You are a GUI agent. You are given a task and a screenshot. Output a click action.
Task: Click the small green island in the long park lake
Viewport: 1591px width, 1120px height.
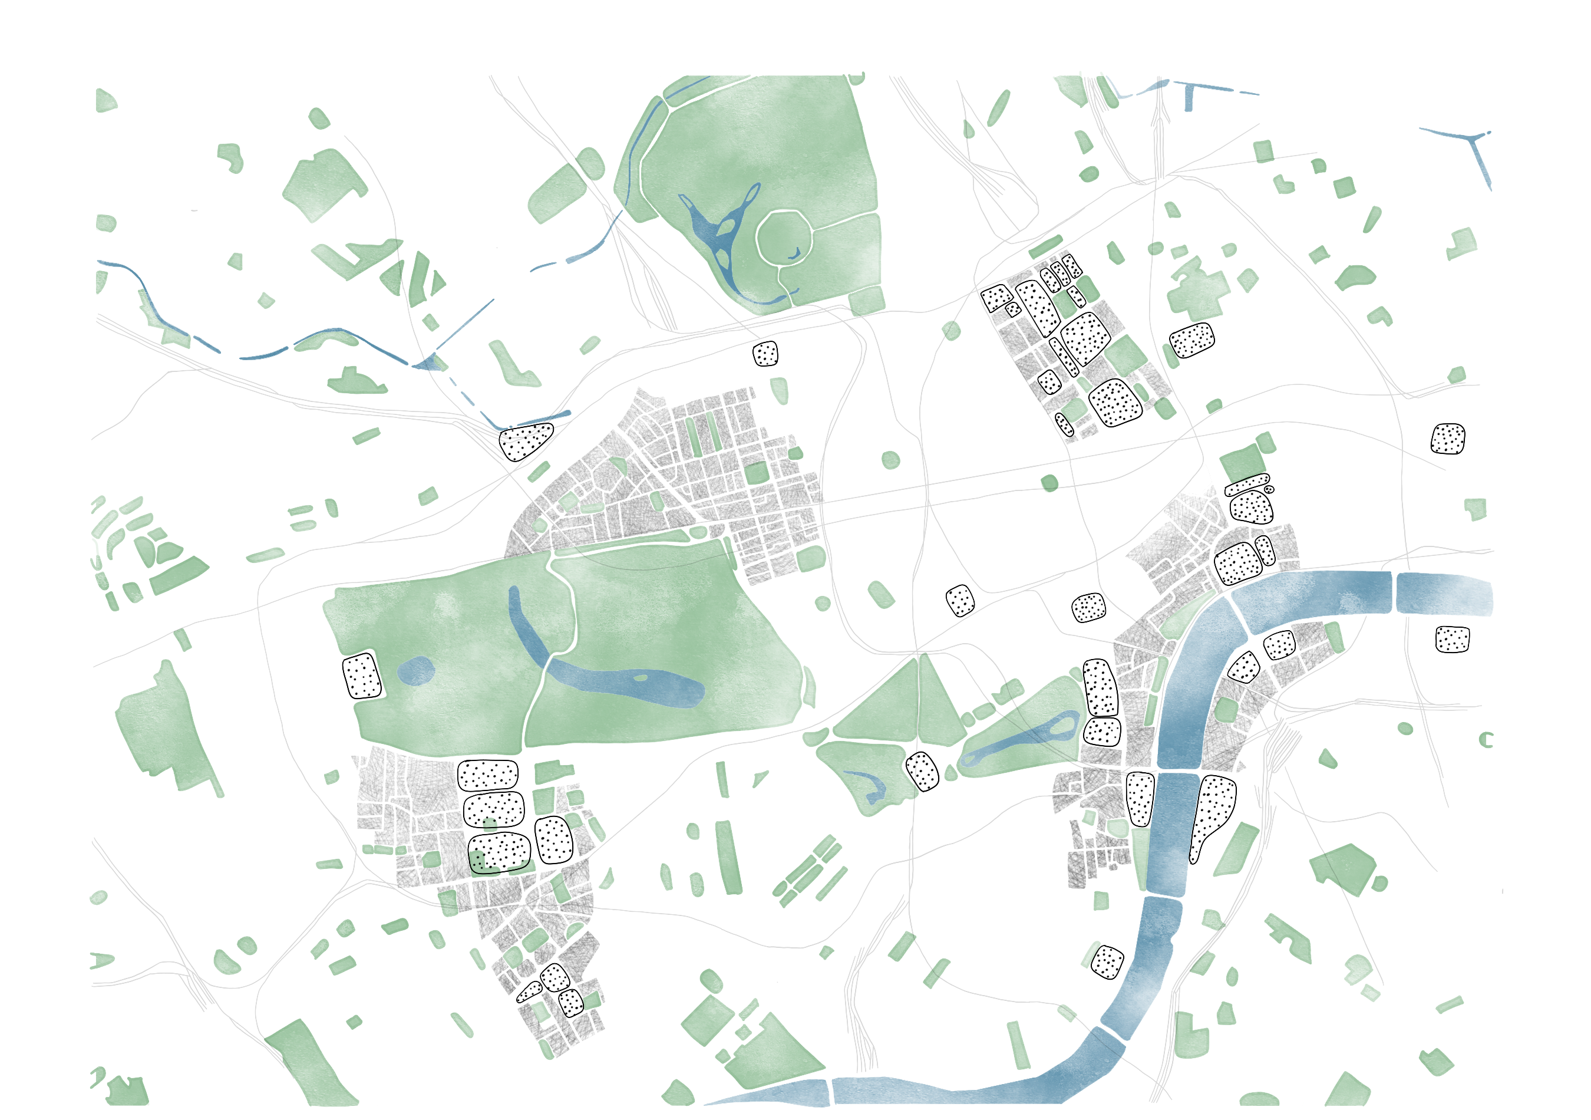(641, 678)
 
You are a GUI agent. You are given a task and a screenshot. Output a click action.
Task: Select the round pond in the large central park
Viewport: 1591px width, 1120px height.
(416, 671)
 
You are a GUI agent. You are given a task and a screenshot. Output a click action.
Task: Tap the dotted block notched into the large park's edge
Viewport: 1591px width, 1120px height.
(362, 676)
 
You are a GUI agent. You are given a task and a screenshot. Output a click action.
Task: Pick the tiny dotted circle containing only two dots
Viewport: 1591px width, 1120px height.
(1269, 489)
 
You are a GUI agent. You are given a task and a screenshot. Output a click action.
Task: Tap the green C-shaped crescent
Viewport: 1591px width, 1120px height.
(1485, 740)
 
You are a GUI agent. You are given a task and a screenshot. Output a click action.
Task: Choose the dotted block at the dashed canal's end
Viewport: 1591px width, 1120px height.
(525, 441)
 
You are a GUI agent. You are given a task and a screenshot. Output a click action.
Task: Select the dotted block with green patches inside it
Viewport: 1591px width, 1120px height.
(499, 852)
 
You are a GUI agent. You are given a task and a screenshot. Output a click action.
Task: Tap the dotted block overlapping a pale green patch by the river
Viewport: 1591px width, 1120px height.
(1107, 962)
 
